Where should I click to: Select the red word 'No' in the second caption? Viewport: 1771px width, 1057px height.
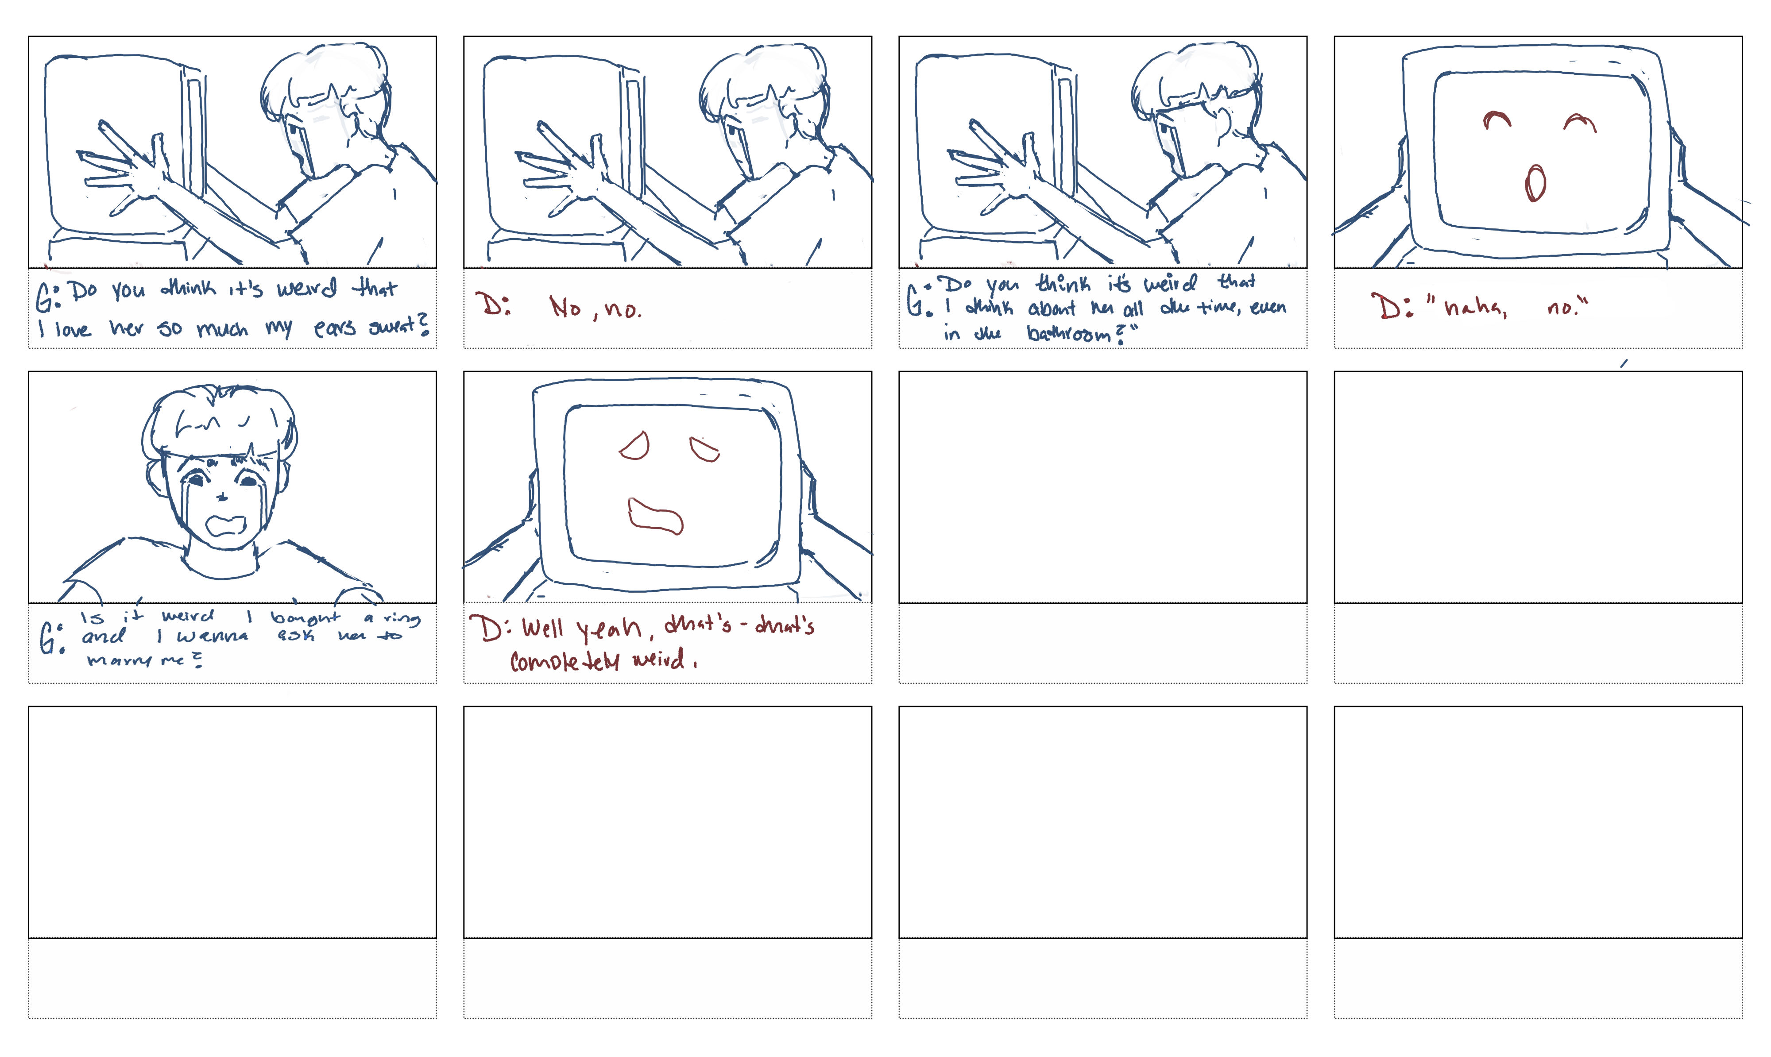(x=566, y=307)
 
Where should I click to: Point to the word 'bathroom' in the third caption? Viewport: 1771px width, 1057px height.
(x=1069, y=333)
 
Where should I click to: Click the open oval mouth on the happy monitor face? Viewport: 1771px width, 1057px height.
(x=1535, y=183)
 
